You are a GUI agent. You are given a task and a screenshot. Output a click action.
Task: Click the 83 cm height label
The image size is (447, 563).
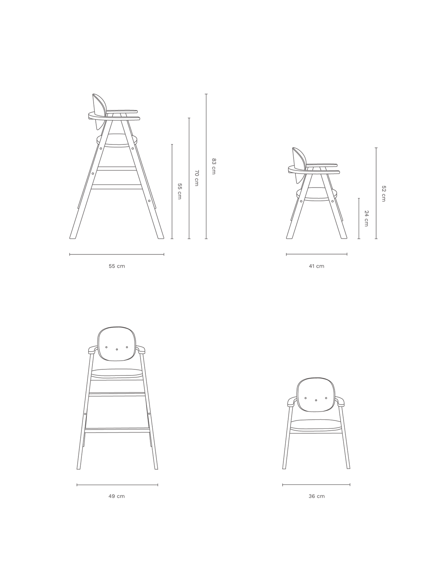point(214,166)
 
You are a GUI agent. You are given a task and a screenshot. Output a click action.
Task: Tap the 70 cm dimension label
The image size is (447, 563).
point(197,178)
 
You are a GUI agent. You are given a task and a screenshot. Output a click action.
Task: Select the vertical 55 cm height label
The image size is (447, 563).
point(180,191)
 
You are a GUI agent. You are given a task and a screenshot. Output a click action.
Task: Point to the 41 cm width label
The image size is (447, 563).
point(316,266)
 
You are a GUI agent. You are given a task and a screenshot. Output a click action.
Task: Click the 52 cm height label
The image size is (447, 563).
point(384,194)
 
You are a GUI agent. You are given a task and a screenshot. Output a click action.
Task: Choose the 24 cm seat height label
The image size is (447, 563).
point(367,219)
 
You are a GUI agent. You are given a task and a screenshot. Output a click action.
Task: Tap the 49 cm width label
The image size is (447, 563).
point(117,496)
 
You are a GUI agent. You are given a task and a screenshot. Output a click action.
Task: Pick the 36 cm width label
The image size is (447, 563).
point(316,496)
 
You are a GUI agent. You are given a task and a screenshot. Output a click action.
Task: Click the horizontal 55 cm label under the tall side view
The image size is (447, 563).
point(117,266)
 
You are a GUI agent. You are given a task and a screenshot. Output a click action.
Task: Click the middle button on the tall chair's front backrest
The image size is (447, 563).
point(117,349)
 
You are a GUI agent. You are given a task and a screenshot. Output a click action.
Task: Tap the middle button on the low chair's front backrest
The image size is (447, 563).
point(316,400)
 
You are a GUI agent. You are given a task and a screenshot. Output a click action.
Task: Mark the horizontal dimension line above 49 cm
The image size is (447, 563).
point(117,485)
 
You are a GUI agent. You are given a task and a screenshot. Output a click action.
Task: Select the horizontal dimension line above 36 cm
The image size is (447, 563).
point(316,485)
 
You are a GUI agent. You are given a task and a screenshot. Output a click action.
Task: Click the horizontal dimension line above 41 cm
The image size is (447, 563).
point(317,254)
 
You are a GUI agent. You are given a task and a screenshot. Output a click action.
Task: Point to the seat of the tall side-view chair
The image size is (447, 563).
point(117,139)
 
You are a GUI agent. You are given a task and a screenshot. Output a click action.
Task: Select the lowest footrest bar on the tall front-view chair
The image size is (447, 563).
point(117,430)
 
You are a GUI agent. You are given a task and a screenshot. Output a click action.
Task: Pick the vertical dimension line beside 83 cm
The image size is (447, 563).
point(206,166)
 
